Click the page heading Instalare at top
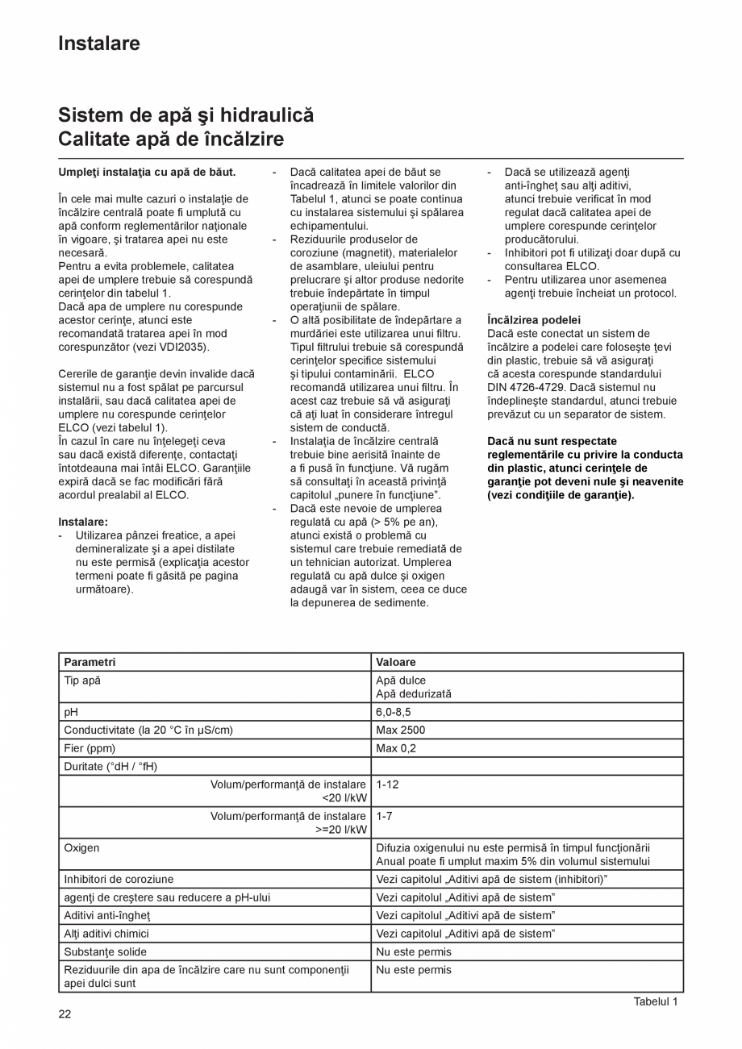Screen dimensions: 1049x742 [x=98, y=44]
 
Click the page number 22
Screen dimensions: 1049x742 [x=65, y=1014]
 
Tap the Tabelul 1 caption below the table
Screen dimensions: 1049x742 [x=655, y=1001]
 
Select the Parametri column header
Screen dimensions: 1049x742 [x=90, y=662]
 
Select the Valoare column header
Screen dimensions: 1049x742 [x=396, y=662]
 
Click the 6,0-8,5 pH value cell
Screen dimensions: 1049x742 [x=394, y=712]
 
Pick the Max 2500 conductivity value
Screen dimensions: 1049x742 [x=400, y=730]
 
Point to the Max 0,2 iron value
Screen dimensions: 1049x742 [x=395, y=748]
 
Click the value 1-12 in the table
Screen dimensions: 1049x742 [x=387, y=784]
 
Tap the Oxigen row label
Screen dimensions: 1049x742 [x=81, y=847]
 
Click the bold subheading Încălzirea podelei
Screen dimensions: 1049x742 [x=533, y=320]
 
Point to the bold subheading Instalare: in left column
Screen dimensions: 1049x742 [x=83, y=522]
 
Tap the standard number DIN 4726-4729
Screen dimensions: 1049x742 [x=526, y=387]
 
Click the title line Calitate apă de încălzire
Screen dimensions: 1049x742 [x=171, y=139]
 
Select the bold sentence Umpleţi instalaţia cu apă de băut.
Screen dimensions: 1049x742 [x=147, y=172]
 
